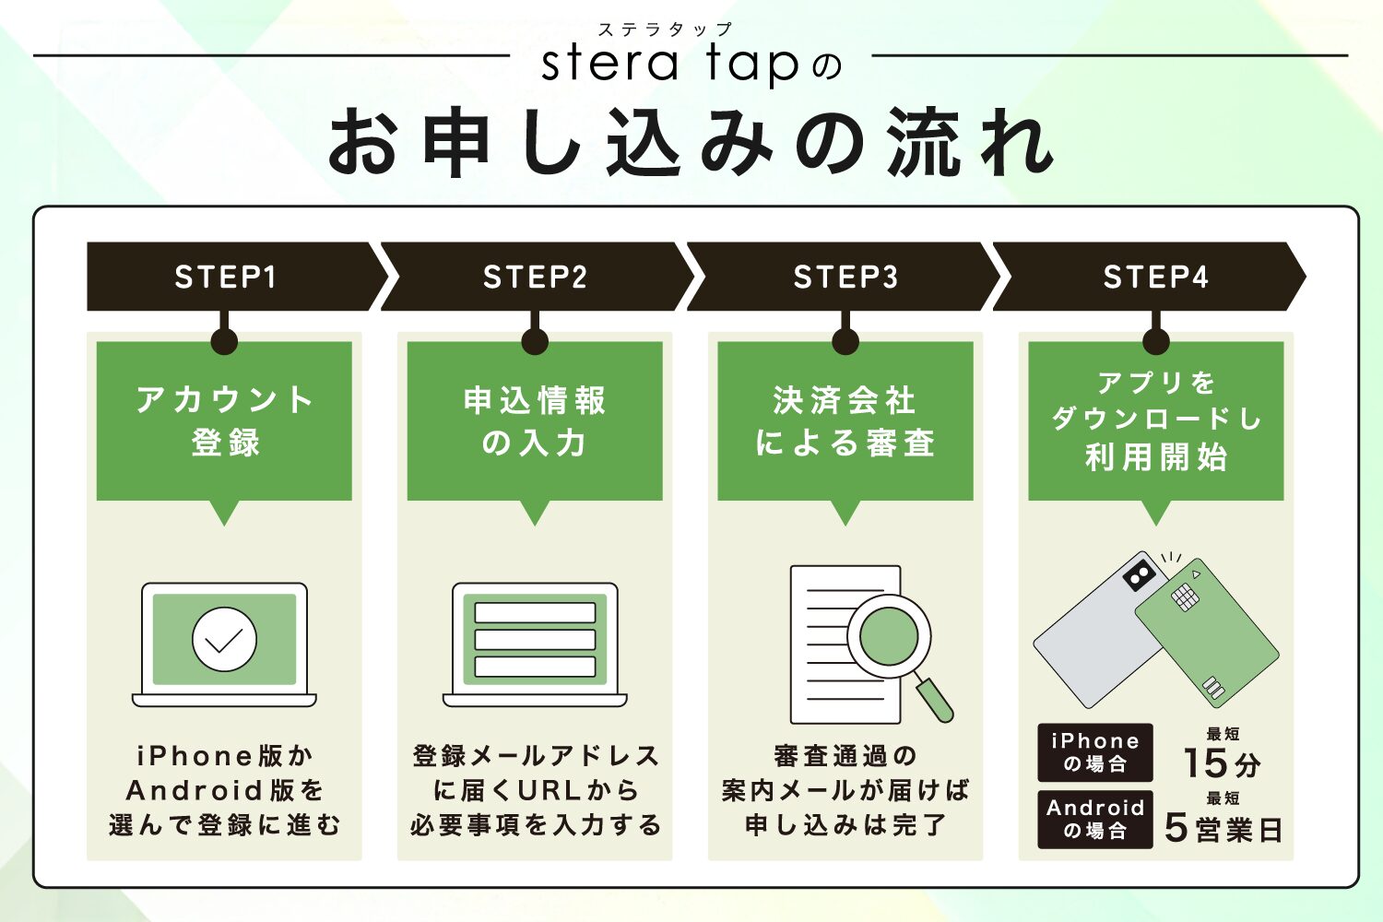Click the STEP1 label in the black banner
click(x=225, y=277)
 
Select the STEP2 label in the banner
click(x=535, y=277)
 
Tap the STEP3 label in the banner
click(x=845, y=277)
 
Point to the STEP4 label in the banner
click(x=1155, y=277)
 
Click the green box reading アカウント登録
click(x=224, y=421)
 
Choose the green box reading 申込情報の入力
click(x=535, y=421)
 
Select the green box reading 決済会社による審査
click(x=845, y=421)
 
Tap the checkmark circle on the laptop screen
click(x=224, y=638)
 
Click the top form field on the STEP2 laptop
click(x=535, y=613)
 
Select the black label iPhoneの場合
click(x=1095, y=752)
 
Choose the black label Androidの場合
click(x=1095, y=819)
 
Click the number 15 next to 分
click(x=1205, y=763)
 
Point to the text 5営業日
click(x=1223, y=828)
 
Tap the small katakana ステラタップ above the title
click(x=664, y=30)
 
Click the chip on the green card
click(x=1185, y=597)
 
